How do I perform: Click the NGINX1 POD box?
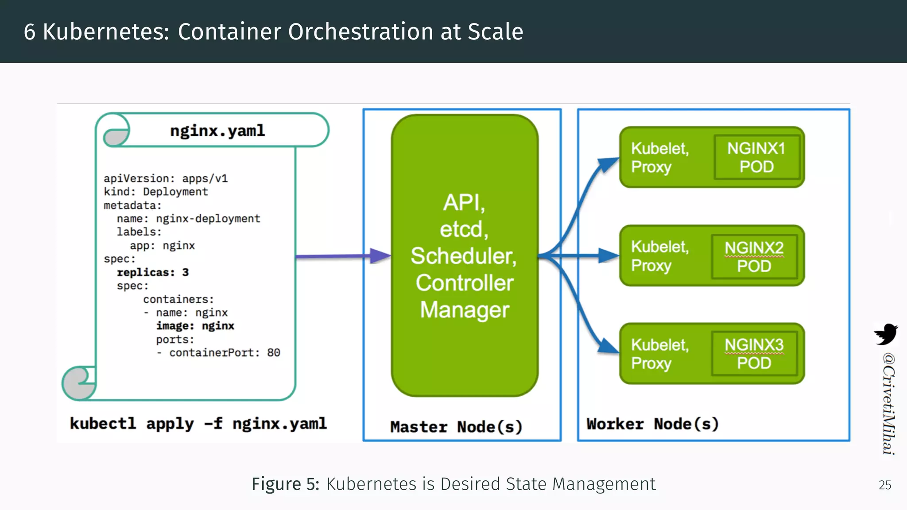[756, 157]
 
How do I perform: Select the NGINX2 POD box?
[754, 257]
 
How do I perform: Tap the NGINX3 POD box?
[754, 354]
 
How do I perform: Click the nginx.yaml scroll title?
[217, 131]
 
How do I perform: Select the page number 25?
[885, 485]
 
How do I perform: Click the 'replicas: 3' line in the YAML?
[152, 272]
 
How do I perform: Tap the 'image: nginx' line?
[195, 326]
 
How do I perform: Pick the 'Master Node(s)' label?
[456, 427]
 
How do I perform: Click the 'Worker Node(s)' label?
[652, 424]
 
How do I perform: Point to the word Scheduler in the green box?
[463, 256]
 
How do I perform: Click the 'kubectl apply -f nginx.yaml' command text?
[198, 424]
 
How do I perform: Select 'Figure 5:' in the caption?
[285, 484]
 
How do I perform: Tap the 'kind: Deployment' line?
[155, 192]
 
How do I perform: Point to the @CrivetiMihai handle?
[888, 403]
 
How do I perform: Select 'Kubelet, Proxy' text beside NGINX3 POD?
[659, 354]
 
